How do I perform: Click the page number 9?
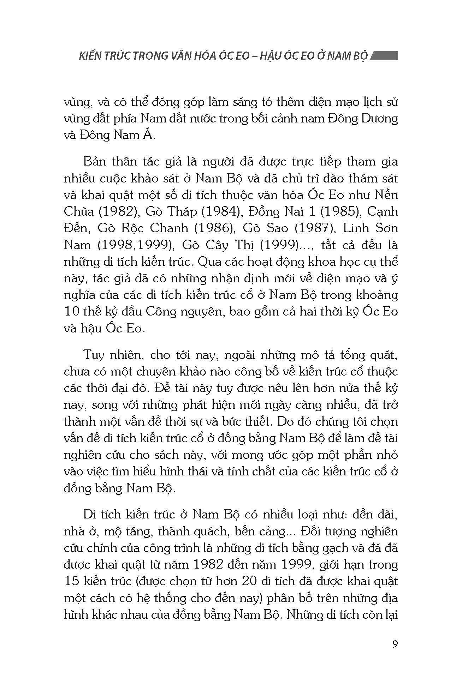(x=395, y=644)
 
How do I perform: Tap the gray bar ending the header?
(x=385, y=56)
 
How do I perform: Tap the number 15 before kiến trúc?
(x=72, y=581)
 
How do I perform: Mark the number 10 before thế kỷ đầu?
(x=72, y=312)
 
